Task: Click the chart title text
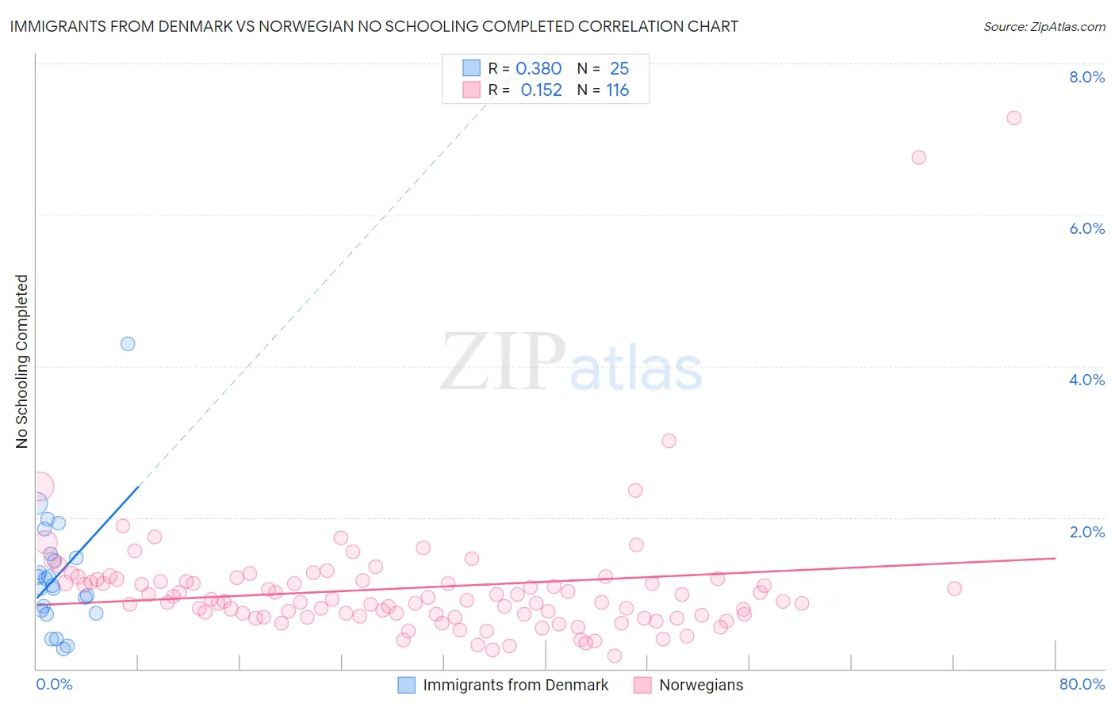pyautogui.click(x=374, y=26)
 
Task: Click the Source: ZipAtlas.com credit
pyautogui.click(x=1044, y=27)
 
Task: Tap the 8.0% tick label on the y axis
pyautogui.click(x=1086, y=77)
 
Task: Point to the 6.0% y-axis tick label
pyautogui.click(x=1086, y=228)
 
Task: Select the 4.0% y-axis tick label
pyautogui.click(x=1086, y=380)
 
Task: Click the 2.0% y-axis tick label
pyautogui.click(x=1086, y=532)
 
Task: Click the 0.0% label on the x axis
pyautogui.click(x=54, y=684)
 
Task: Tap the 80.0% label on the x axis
pyautogui.click(x=1082, y=684)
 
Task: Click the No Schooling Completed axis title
pyautogui.click(x=22, y=361)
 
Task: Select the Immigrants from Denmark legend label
pyautogui.click(x=515, y=685)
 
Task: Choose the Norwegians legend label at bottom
pyautogui.click(x=701, y=685)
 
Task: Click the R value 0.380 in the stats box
pyautogui.click(x=538, y=69)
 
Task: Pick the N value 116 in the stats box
pyautogui.click(x=618, y=90)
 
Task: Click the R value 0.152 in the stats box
pyautogui.click(x=541, y=90)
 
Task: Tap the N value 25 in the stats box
pyautogui.click(x=619, y=69)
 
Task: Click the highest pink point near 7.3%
pyautogui.click(x=1013, y=118)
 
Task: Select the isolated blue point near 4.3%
pyautogui.click(x=128, y=344)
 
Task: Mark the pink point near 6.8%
pyautogui.click(x=918, y=157)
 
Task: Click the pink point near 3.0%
pyautogui.click(x=669, y=441)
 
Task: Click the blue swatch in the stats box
pyautogui.click(x=471, y=68)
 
